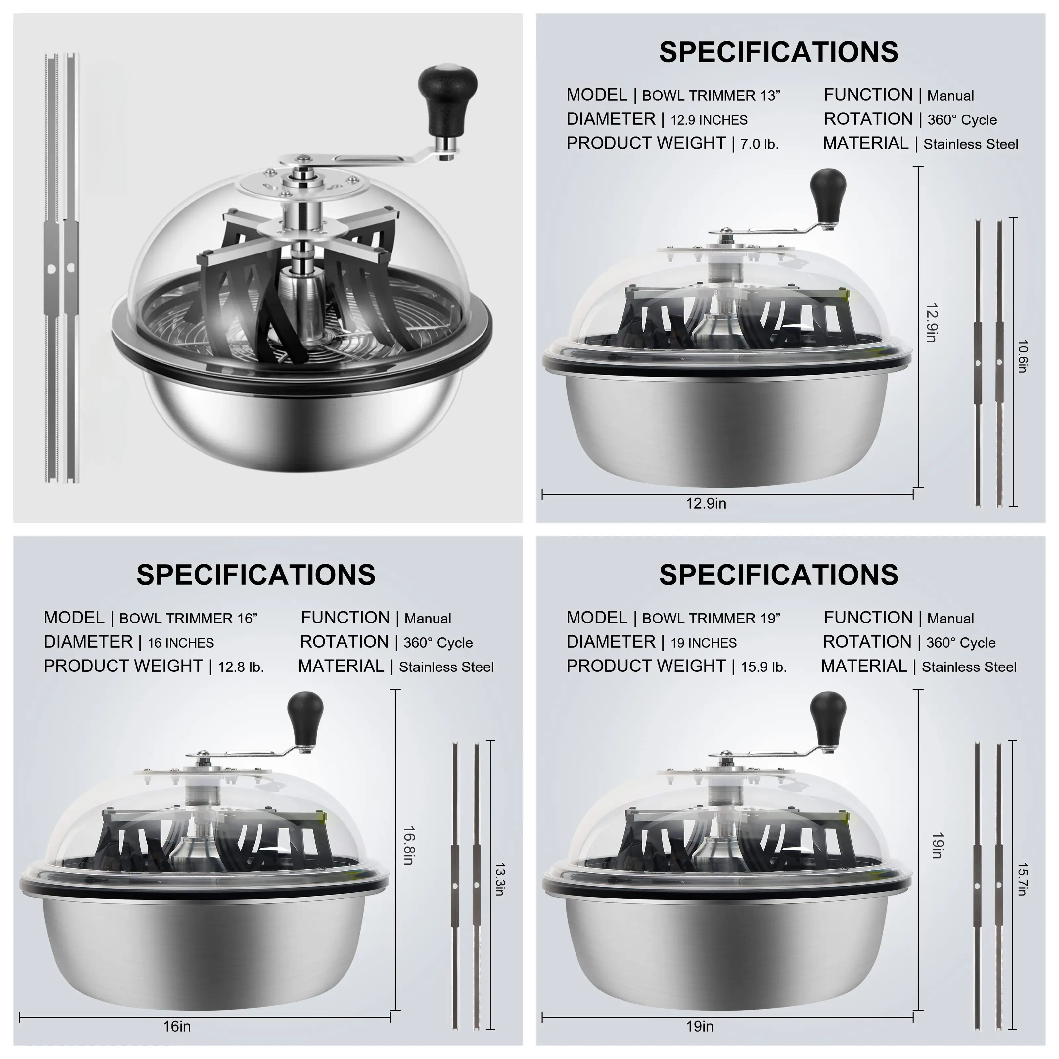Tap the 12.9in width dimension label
(x=706, y=503)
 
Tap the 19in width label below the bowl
(x=700, y=1026)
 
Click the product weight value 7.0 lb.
(x=760, y=144)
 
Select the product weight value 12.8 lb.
(x=241, y=667)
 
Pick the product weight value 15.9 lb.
(x=764, y=667)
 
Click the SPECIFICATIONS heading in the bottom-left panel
(x=256, y=575)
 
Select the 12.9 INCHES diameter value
(x=709, y=120)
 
